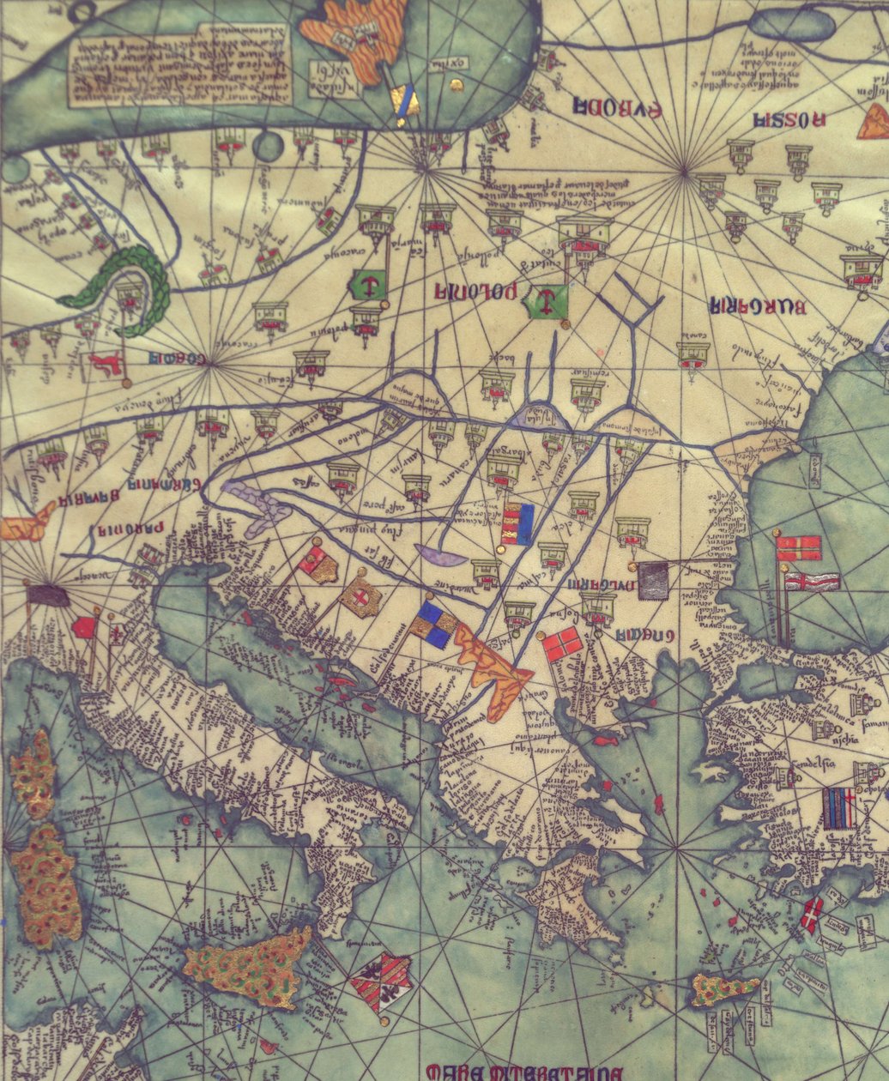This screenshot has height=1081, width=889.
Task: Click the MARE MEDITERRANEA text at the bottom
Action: (x=523, y=1072)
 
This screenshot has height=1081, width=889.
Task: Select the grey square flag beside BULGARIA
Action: (x=653, y=581)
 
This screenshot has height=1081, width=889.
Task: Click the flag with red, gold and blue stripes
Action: (x=517, y=524)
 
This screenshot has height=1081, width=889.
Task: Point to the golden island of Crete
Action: (x=725, y=989)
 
